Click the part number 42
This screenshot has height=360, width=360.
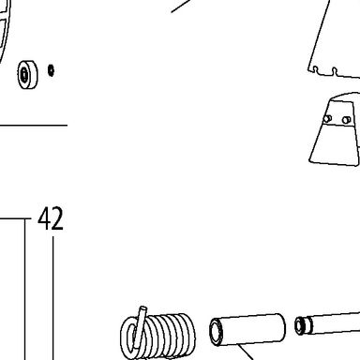click(51, 218)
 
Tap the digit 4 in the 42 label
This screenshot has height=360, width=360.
click(44, 218)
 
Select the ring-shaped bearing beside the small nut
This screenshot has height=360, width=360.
click(27, 74)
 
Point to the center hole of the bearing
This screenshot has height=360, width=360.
click(24, 75)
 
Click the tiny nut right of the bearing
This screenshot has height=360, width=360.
click(51, 70)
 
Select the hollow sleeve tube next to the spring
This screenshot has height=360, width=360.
click(247, 330)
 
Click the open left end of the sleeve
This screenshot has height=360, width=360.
click(216, 332)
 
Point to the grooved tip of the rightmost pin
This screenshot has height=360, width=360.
click(303, 325)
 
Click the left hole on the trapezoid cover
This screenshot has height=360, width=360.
click(327, 119)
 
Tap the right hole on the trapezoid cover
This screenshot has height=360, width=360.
click(346, 120)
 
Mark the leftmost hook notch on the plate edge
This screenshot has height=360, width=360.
click(316, 69)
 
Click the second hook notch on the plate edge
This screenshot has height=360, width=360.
click(335, 72)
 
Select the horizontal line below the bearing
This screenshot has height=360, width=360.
click(34, 126)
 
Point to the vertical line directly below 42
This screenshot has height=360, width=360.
click(52, 298)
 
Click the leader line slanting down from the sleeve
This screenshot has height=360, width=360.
click(245, 352)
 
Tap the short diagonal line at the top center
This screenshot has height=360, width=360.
click(180, 7)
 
